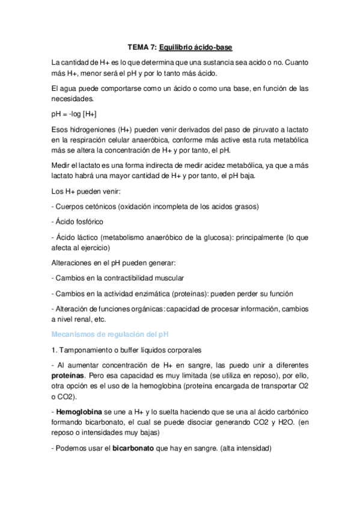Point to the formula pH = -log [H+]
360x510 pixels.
click(75, 113)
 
